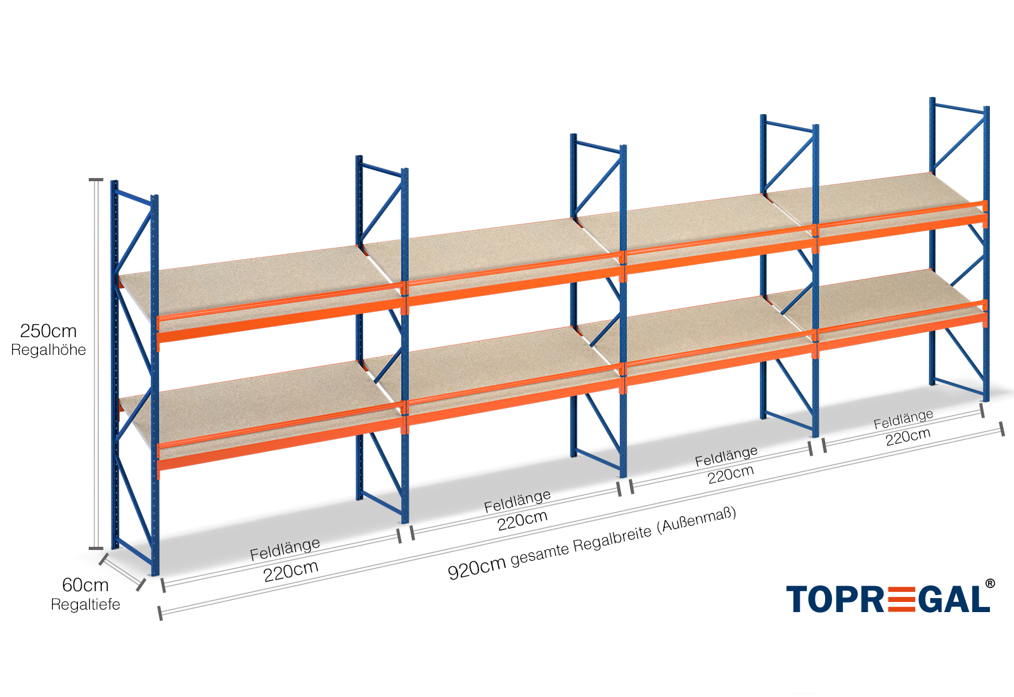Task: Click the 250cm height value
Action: click(x=48, y=331)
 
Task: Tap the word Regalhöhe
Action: click(x=48, y=350)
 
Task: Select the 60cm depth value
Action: click(x=85, y=585)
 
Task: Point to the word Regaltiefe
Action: click(x=85, y=604)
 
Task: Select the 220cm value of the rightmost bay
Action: click(x=908, y=437)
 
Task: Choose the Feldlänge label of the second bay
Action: click(x=517, y=501)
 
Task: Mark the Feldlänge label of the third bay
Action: click(x=726, y=456)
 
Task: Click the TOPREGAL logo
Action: click(x=887, y=599)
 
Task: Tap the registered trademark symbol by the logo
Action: click(x=989, y=584)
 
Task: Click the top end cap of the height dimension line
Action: click(x=95, y=180)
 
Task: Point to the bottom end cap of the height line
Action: click(x=95, y=548)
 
